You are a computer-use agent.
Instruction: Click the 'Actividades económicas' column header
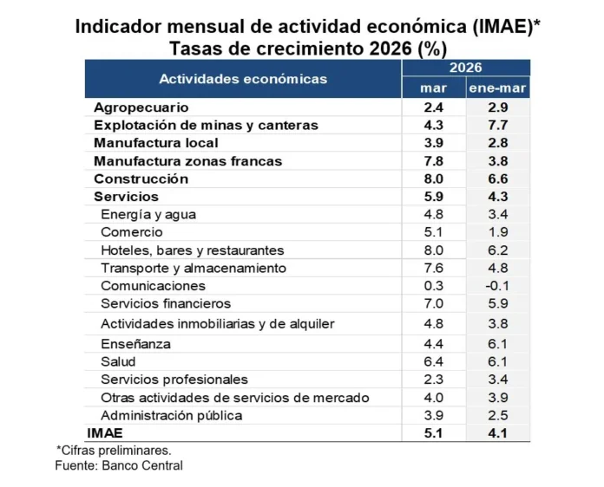[243, 79]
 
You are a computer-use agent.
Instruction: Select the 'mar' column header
[433, 88]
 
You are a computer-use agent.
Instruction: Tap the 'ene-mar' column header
[497, 88]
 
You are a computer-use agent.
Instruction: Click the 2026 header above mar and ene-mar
[465, 68]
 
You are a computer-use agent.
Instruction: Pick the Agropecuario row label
[141, 107]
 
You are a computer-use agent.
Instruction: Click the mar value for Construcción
[433, 179]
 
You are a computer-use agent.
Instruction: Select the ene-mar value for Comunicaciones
[497, 285]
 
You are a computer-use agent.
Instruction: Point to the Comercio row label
[131, 231]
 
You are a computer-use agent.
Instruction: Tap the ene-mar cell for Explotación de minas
[497, 125]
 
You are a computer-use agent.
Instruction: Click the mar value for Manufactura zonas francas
[433, 161]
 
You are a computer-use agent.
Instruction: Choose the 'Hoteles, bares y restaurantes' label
[192, 250]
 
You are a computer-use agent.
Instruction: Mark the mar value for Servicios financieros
[433, 303]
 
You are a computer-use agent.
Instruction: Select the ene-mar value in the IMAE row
[497, 432]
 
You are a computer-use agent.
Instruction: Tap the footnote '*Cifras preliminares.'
[114, 450]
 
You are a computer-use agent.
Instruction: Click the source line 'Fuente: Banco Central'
[119, 465]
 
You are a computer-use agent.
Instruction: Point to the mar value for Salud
[433, 361]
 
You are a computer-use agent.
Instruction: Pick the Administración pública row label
[171, 415]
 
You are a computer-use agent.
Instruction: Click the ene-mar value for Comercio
[497, 231]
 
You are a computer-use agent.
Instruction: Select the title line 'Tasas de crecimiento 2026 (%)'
[302, 47]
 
